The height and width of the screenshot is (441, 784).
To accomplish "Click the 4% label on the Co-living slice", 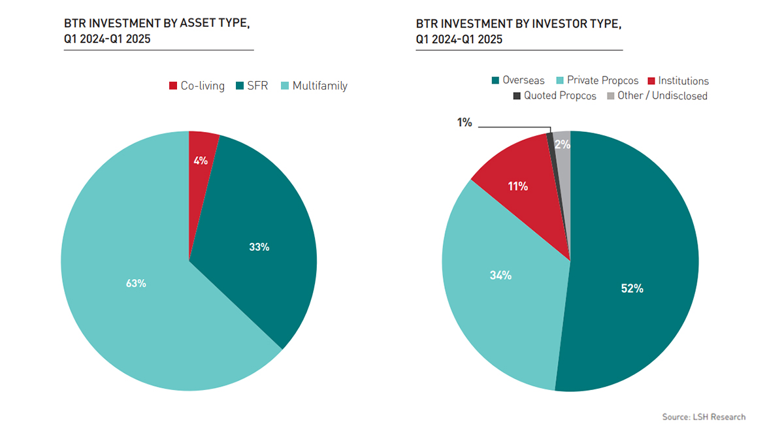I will [201, 160].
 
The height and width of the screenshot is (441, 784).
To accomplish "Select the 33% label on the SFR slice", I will [259, 247].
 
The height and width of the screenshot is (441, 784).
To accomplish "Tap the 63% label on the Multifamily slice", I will [136, 284].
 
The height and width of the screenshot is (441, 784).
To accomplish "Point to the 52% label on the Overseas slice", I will [632, 288].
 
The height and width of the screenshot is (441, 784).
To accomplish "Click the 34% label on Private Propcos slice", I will [500, 275].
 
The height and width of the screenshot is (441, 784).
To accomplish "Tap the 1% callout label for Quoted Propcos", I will [465, 122].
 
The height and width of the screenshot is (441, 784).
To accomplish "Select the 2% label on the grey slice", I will [562, 145].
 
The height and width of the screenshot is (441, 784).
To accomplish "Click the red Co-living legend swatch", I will [173, 86].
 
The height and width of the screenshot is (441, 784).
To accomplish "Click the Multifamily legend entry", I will [314, 86].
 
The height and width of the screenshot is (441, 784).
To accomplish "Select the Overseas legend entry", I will [518, 80].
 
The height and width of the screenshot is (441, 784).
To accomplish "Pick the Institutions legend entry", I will [677, 80].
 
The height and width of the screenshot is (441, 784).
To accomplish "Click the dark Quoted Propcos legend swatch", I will [517, 96].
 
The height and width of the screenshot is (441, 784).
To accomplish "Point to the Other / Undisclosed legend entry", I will [657, 96].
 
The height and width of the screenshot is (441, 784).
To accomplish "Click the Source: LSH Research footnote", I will [704, 417].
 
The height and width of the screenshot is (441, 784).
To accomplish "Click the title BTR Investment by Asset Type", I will [157, 31].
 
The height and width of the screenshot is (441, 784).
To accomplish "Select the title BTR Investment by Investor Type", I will [518, 31].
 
